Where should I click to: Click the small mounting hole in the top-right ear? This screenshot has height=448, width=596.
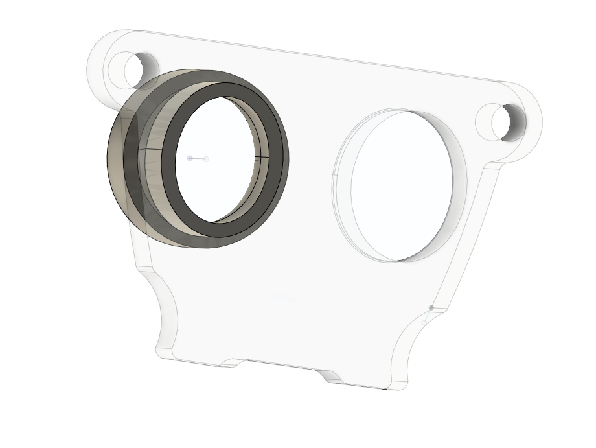click(503, 121)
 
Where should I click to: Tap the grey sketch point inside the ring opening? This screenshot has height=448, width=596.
click(190, 158)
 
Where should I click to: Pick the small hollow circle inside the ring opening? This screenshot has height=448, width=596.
click(206, 159)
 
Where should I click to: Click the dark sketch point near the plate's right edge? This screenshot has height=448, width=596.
click(431, 307)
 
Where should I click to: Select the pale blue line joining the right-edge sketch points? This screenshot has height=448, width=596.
click(428, 314)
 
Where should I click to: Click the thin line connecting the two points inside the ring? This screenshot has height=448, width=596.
click(198, 159)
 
